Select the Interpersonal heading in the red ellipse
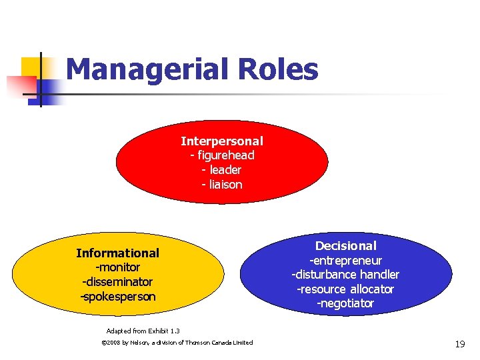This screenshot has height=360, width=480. [222, 141]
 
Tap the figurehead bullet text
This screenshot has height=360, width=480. [222, 155]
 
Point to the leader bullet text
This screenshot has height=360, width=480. [222, 170]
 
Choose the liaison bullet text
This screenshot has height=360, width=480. [222, 185]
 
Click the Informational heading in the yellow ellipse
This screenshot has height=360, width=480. [117, 253]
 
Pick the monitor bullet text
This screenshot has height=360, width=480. [117, 267]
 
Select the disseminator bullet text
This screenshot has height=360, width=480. [117, 282]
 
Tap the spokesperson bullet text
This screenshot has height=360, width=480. [117, 297]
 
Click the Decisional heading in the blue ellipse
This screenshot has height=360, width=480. [345, 246]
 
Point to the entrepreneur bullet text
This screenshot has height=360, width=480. [345, 261]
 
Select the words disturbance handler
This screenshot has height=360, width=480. [345, 275]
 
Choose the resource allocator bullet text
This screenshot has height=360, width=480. [345, 289]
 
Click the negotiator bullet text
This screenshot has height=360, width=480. [345, 304]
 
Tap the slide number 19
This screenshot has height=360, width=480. [459, 344]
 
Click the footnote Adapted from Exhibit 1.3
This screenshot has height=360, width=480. [143, 331]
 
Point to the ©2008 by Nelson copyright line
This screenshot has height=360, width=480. [176, 343]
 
